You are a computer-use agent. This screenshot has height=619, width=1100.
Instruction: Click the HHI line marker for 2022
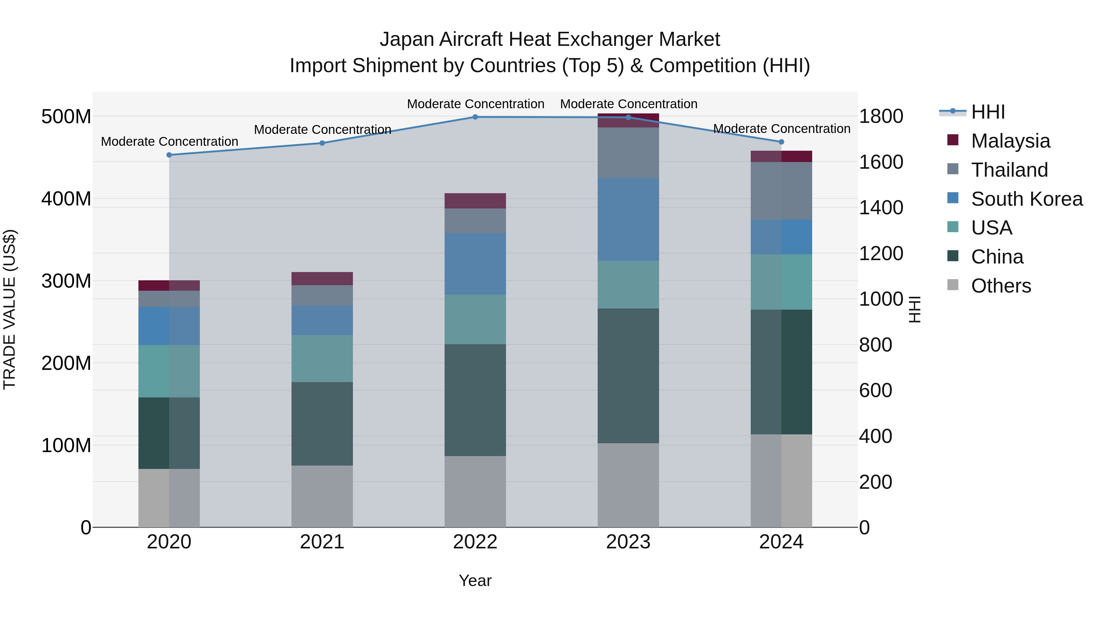tap(475, 117)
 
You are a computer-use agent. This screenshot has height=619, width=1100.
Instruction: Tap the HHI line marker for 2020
tap(169, 155)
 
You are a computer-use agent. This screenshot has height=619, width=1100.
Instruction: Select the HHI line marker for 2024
tap(781, 142)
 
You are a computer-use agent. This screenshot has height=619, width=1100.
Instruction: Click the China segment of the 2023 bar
tap(628, 376)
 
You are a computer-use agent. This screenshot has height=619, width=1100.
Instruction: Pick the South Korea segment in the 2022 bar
tap(475, 264)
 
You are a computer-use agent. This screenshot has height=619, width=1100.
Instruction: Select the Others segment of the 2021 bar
tap(322, 496)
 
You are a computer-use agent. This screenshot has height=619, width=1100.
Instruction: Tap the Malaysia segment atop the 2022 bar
tap(475, 201)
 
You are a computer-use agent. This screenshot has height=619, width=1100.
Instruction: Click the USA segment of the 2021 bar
tap(322, 359)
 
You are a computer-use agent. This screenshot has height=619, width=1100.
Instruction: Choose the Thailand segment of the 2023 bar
tap(628, 153)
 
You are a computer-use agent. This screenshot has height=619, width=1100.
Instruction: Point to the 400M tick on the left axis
tap(66, 199)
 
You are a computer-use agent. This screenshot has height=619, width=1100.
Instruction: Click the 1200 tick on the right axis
tap(881, 253)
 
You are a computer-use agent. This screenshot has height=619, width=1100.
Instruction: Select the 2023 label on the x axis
tap(628, 542)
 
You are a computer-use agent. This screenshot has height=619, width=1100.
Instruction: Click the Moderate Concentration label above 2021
tap(322, 129)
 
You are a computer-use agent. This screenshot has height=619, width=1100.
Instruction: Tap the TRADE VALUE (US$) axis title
tap(9, 310)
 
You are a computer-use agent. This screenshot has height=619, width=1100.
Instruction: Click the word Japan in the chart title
tap(407, 39)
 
